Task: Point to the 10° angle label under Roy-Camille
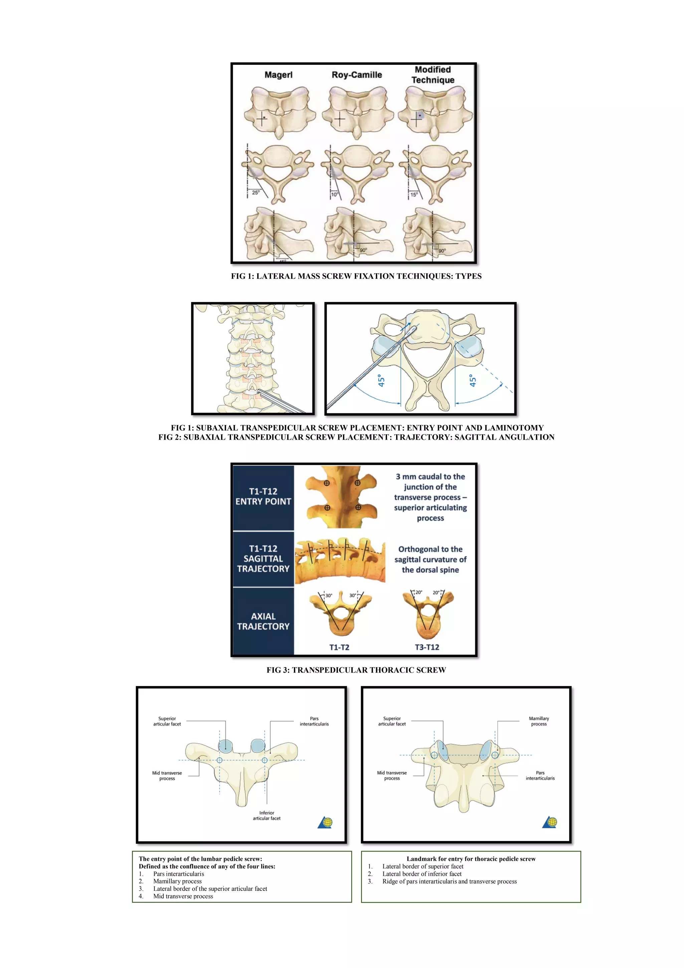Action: coord(334,194)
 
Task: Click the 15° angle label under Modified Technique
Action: coord(414,194)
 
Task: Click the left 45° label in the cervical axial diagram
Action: coord(381,380)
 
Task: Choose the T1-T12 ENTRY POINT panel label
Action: coord(263,496)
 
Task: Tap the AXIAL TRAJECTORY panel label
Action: coord(263,621)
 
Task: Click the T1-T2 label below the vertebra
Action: coord(339,647)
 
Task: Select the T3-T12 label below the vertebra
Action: coord(427,647)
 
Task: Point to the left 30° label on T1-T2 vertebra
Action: coord(329,595)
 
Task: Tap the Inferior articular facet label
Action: coord(266,815)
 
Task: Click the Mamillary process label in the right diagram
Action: coord(539,721)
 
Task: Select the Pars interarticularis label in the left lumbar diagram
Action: coord(314,721)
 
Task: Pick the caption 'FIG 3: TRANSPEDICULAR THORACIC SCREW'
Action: coord(356,670)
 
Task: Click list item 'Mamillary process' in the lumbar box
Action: coord(177,881)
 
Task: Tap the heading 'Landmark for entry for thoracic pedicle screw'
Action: coord(471,859)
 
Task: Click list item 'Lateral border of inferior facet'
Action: coord(422,874)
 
